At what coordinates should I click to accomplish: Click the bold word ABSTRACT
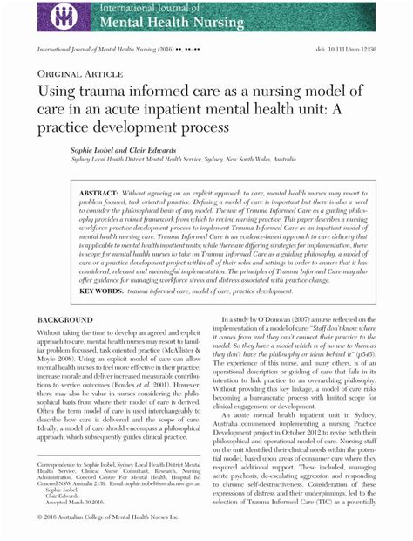[x=99, y=191]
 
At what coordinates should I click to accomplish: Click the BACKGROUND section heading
[x=64, y=320]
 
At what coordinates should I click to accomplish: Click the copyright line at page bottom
[x=114, y=518]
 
